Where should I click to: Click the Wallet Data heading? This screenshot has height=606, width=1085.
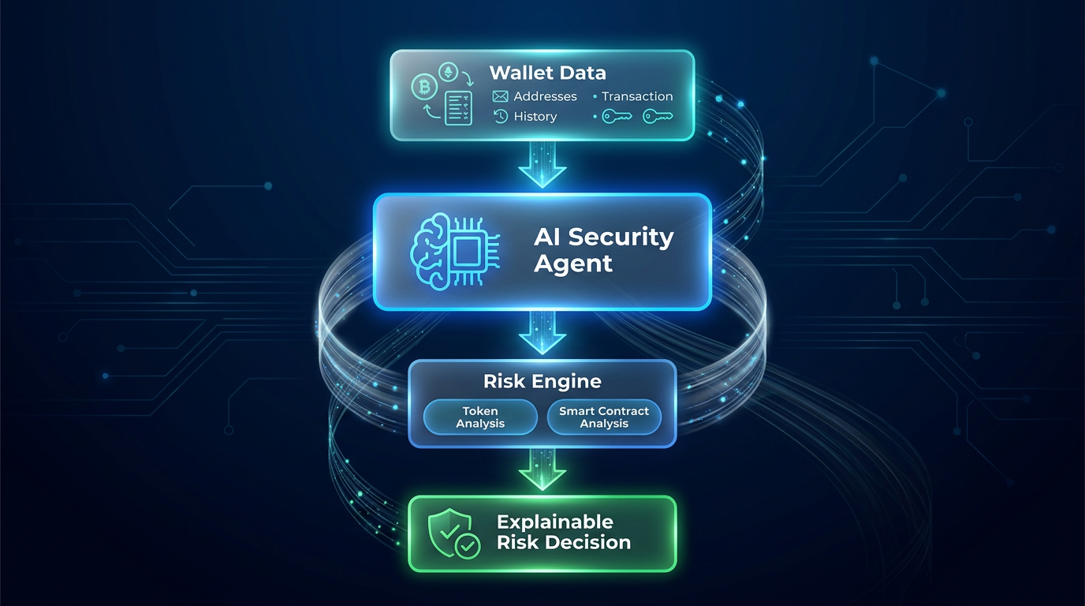[547, 73]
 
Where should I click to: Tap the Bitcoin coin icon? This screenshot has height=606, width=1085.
[424, 88]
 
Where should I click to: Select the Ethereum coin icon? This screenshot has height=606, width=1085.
[448, 73]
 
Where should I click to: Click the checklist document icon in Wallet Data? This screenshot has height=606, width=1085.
[458, 108]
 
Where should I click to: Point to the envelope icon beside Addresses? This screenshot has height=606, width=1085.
[501, 96]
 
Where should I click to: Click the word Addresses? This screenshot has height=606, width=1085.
[546, 96]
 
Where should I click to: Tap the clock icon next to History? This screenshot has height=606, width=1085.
[501, 116]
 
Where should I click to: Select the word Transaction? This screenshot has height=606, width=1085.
[637, 96]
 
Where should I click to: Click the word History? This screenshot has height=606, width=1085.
[535, 117]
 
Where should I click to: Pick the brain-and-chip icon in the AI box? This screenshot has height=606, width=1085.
[455, 252]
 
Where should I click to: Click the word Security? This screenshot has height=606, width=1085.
[621, 238]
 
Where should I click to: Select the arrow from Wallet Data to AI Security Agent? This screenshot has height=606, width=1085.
[542, 165]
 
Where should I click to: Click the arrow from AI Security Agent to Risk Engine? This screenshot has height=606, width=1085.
[542, 333]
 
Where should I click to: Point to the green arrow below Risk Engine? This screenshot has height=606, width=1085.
[542, 469]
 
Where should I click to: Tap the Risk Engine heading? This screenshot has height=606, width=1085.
[542, 382]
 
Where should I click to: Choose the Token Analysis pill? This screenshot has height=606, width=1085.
[480, 417]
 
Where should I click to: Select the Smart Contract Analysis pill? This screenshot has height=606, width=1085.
[604, 417]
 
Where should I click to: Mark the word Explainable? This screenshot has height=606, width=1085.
[555, 522]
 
